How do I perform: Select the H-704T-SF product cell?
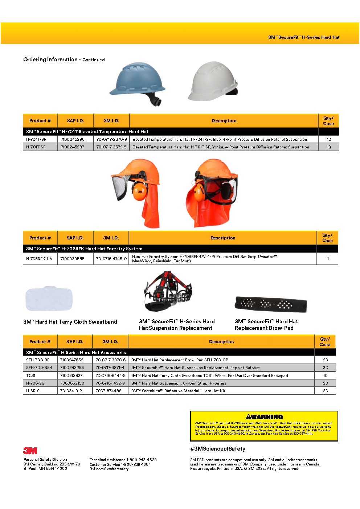coord(36,139)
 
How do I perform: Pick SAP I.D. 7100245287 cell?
coord(73,147)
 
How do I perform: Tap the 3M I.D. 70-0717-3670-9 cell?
coord(111,139)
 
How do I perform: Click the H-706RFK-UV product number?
coord(39,259)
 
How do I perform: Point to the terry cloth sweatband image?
coord(49,299)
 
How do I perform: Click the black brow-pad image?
coord(271,304)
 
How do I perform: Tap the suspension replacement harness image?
coord(168,292)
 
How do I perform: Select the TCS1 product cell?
coord(31,375)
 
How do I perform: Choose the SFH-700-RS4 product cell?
coord(39,368)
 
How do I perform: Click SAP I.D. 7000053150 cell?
coord(72,383)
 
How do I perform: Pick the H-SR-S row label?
coord(33,391)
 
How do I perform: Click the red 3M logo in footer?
coord(30,451)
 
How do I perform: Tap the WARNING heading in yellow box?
coord(264,417)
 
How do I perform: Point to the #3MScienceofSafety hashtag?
coord(218,449)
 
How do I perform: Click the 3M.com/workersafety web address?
coord(109,469)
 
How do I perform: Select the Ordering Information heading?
coord(50,59)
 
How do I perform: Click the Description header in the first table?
coord(224,121)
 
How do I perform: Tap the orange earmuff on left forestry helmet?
coord(139,192)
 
